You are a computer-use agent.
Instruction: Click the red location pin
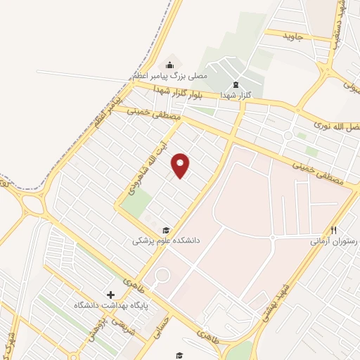(181, 165)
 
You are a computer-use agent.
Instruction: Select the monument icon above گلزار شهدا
(234, 82)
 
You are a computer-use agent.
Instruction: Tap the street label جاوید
(292, 36)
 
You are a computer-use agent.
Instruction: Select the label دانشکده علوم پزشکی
(167, 240)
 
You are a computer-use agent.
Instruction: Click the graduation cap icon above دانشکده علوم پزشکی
(167, 229)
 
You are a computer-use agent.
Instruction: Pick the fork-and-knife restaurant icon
(334, 229)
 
